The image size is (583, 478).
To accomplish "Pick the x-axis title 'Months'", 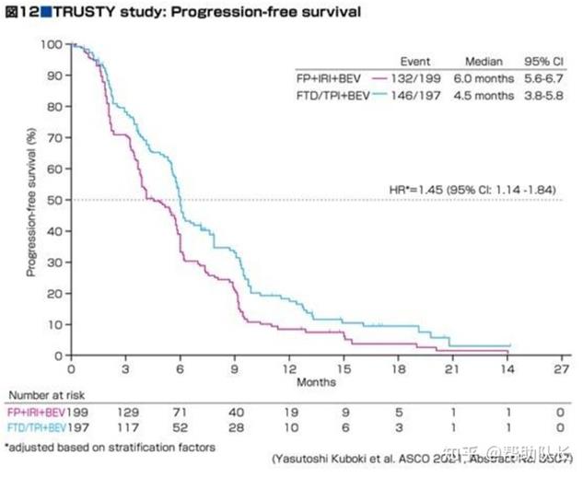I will tap(316, 380).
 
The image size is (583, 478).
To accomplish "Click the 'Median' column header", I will tap(484, 60).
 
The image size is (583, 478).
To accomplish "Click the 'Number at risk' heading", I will tap(41, 395).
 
